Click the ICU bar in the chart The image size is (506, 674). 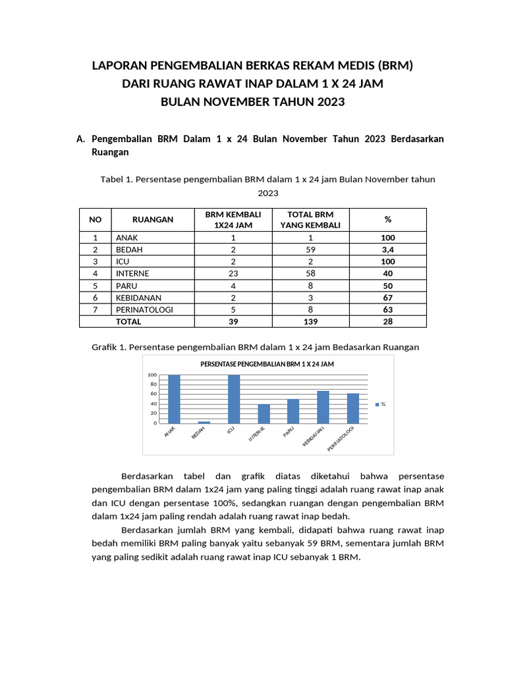coord(234,399)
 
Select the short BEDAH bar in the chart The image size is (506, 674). coord(204,422)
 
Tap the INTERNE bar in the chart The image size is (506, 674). coord(264,413)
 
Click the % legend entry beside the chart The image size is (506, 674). coord(380,404)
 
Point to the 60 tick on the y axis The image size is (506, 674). coord(154,394)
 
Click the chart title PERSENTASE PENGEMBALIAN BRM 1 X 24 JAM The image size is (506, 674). coord(267,364)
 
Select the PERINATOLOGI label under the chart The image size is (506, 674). coord(342,438)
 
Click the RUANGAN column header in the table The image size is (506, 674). coord(153,220)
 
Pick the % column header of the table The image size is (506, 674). coord(387,220)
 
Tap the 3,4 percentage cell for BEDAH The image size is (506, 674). coord(387,249)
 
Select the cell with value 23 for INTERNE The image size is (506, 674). coord(233,273)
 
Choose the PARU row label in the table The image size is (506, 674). coord(126,286)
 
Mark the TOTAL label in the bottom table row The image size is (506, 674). coord(128,322)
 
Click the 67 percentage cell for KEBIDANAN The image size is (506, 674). coord(387,298)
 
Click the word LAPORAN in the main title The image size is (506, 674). coord(119,66)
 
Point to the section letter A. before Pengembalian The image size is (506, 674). coord(82,140)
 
